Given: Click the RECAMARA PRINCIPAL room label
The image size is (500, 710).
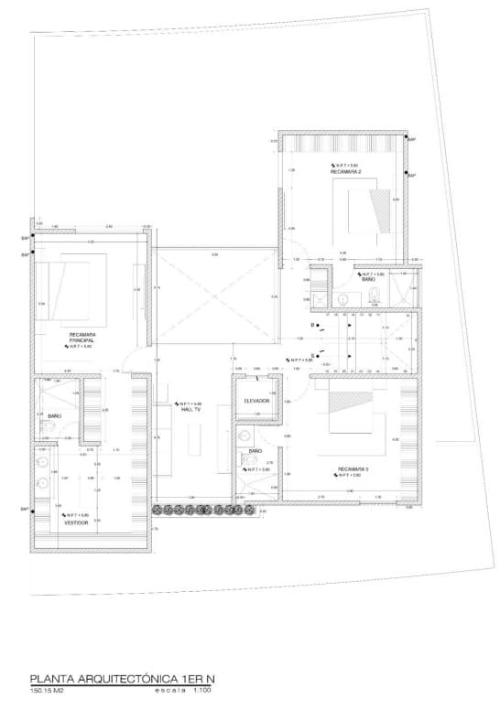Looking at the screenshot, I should pos(81,337).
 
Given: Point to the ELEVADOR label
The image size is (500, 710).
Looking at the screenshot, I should pos(255,402).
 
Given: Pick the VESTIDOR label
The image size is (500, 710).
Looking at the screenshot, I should pos(76,522).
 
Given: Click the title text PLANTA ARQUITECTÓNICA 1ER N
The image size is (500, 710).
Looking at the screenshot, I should pos(123,680).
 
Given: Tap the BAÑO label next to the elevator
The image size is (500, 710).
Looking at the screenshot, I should pos(255,451).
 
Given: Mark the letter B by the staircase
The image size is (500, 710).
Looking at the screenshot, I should pos(312,325).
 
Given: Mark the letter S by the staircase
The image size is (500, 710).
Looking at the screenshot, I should pos(312,354).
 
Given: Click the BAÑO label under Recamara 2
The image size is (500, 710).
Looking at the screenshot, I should pos(367,279).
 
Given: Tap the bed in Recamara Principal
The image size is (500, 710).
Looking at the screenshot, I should pos(76,284).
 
